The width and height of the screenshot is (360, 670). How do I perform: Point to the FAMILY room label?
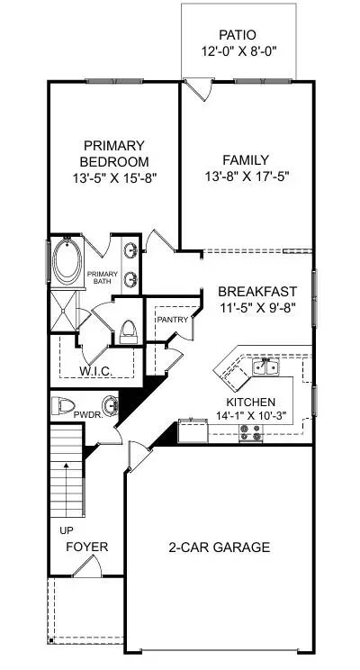click(x=247, y=160)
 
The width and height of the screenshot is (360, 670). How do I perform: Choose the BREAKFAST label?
click(x=257, y=292)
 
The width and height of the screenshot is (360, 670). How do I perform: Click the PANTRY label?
click(x=172, y=320)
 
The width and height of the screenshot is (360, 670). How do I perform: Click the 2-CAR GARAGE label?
click(x=220, y=547)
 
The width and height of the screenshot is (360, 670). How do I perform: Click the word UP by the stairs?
click(x=67, y=530)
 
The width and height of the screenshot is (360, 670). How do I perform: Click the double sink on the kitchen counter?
click(x=265, y=367)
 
